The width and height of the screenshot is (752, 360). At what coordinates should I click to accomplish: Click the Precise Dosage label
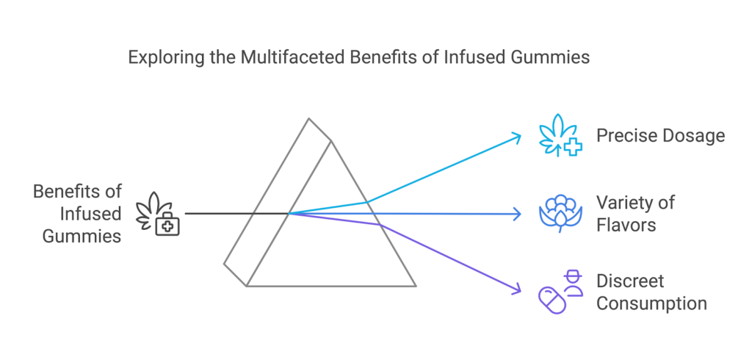pos(660,136)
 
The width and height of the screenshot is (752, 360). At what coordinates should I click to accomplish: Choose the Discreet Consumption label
pos(651,292)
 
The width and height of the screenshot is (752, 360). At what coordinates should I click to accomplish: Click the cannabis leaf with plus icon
pos(560,137)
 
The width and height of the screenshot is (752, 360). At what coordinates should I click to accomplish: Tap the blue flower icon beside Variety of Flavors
pos(560,213)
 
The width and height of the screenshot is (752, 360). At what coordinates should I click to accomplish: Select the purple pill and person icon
pos(560,292)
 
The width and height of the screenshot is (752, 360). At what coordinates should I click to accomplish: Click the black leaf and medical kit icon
pos(159,214)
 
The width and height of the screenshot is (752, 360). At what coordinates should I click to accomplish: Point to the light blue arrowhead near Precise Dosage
pos(517,136)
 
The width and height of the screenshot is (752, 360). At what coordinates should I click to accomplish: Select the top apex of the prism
pos(309,118)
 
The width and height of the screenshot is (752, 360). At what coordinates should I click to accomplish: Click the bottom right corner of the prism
pos(416,286)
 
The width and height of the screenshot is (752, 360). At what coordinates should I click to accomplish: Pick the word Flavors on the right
pos(626,223)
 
